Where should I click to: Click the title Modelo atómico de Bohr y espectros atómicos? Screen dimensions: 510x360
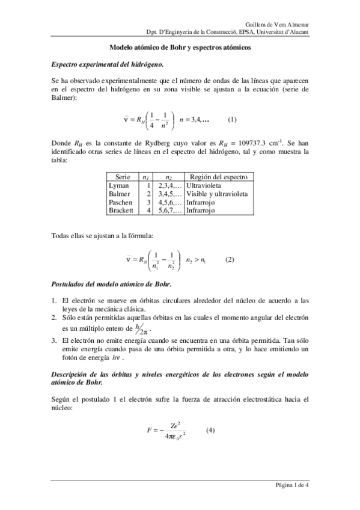pos(180,47)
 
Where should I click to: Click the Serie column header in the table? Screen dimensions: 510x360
pos(123,177)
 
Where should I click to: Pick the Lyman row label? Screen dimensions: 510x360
pos(119,186)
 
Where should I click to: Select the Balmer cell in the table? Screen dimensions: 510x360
pos(121,194)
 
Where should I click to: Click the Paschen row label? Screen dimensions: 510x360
pos(122,203)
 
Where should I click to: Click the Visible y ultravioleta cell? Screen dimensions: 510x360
pos(217,194)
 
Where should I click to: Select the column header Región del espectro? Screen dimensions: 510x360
pos(218,177)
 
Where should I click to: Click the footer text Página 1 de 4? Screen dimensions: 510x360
pos(291,485)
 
